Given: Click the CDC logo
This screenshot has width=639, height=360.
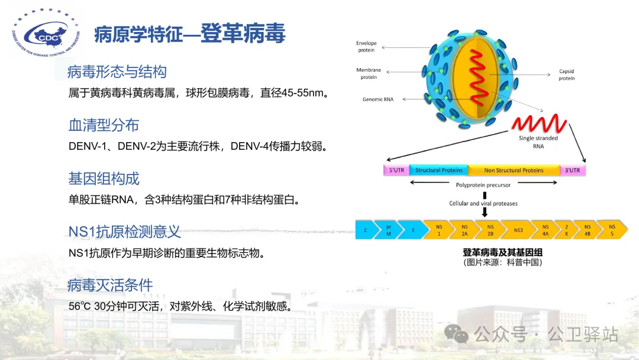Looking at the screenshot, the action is click(x=46, y=33).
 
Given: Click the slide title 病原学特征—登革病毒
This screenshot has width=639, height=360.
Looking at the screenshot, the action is click(x=189, y=33).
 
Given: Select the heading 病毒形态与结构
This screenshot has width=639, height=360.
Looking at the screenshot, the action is click(x=117, y=72).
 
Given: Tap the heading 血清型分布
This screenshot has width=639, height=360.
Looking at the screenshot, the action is click(x=104, y=125).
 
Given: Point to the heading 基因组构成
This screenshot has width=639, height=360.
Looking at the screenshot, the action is click(x=104, y=179).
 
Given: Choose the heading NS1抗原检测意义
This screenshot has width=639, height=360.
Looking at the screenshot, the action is click(x=124, y=232).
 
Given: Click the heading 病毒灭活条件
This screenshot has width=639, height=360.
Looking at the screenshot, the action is click(x=110, y=285).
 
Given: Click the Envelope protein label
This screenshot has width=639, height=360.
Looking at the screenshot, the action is click(x=366, y=46).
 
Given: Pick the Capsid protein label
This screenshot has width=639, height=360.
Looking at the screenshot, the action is click(x=566, y=75).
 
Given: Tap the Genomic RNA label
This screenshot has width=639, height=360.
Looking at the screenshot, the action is click(x=377, y=99).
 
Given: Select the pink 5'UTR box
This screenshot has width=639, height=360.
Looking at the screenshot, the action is click(x=396, y=170).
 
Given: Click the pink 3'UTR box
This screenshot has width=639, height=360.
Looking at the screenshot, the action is click(x=573, y=170).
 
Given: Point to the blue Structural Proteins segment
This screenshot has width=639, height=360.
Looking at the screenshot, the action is click(x=439, y=170).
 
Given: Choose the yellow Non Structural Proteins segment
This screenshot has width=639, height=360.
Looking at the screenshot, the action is click(x=514, y=170).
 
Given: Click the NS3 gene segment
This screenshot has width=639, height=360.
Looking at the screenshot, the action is click(x=518, y=230).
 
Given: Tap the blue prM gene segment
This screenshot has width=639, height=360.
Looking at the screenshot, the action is click(x=388, y=230).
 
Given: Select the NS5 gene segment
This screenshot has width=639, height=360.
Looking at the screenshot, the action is click(x=612, y=230).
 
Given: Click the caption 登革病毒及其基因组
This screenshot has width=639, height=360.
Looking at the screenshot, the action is click(x=502, y=252).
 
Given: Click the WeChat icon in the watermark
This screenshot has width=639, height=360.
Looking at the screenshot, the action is click(x=456, y=334).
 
